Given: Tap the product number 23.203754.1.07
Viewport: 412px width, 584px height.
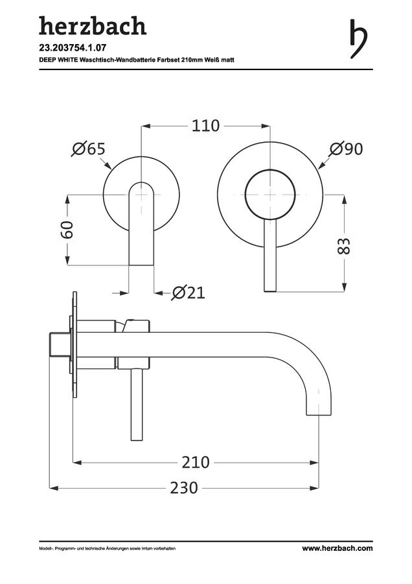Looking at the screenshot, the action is pos(67,47).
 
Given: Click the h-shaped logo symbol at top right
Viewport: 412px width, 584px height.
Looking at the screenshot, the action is pos(358,38).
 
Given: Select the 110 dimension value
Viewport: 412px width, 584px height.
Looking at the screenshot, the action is pos(205,126).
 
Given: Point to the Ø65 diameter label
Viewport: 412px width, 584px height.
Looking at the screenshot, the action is pos(89,149).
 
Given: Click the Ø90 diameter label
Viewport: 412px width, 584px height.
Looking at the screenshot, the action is pos(346,149).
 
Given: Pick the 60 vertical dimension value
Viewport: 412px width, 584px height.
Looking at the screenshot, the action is pos(67,230).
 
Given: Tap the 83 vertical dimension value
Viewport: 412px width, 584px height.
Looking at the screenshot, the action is pos(344,245).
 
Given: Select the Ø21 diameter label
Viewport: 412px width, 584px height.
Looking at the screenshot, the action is pos(188,293).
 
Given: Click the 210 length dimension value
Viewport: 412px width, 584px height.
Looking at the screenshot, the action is pos(196,463).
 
